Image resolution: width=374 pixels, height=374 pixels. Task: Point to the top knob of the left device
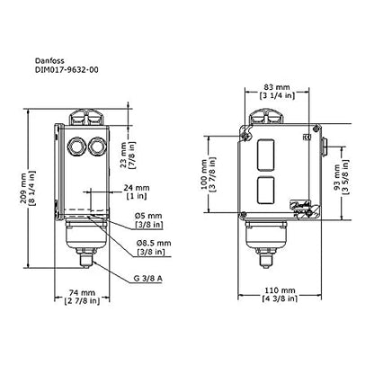tap(83, 116)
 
